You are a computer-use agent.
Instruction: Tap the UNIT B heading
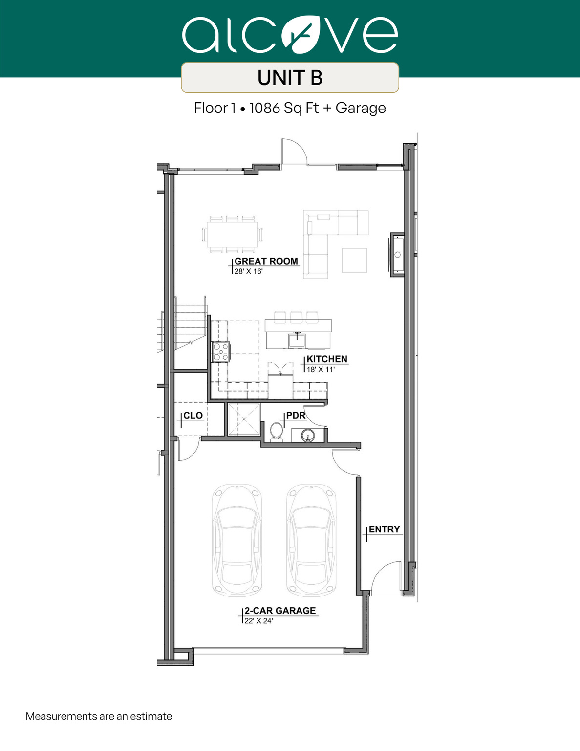[290, 78]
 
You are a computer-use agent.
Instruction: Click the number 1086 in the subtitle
[265, 108]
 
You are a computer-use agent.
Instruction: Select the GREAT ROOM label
[266, 261]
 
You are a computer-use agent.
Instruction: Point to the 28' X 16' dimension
[248, 271]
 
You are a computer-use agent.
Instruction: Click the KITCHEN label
[327, 359]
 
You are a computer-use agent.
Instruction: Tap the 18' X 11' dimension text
[321, 369]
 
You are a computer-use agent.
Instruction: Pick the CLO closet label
[193, 415]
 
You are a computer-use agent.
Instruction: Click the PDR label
[296, 415]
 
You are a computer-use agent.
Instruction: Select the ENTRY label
[384, 529]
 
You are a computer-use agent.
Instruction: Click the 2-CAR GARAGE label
[280, 611]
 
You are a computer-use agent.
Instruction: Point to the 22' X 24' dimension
[258, 621]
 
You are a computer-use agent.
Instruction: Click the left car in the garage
[237, 540]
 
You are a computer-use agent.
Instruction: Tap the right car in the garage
[311, 540]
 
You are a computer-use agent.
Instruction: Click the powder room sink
[308, 435]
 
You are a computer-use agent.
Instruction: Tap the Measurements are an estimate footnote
[99, 716]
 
